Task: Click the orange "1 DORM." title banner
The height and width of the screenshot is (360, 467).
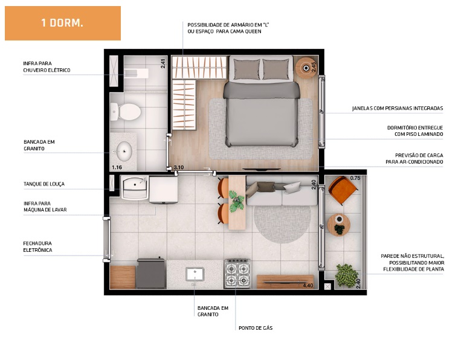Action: click(x=63, y=23)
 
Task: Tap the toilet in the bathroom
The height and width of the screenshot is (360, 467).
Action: click(x=126, y=112)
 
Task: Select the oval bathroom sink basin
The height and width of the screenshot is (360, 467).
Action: click(x=124, y=151)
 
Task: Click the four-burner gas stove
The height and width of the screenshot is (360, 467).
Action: click(x=237, y=274)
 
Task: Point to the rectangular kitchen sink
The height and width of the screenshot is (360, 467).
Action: click(x=195, y=274)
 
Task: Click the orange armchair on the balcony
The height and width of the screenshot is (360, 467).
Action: click(x=343, y=190)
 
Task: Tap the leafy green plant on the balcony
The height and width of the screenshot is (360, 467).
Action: click(x=347, y=275)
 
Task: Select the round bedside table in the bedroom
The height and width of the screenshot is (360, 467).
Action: click(x=306, y=68)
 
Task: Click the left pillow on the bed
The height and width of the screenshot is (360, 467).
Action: click(x=246, y=69)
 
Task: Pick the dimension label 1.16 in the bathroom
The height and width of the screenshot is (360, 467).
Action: click(x=117, y=167)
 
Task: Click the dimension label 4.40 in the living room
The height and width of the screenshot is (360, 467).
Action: click(x=308, y=285)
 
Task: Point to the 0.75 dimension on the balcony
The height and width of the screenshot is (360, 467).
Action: click(x=355, y=178)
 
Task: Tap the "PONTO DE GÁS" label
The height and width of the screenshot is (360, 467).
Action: click(x=256, y=328)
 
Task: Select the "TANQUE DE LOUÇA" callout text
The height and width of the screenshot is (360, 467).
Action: click(x=44, y=184)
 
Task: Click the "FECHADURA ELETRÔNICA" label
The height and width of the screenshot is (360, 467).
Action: click(x=37, y=247)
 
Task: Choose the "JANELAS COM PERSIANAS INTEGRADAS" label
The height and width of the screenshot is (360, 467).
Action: click(x=398, y=108)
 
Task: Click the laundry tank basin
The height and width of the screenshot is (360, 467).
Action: click(x=135, y=187)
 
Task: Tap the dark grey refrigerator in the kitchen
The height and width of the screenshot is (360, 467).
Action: click(x=151, y=273)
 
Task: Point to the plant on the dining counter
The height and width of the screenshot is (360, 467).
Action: click(x=237, y=200)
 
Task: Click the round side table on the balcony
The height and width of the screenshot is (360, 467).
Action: click(x=339, y=225)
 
